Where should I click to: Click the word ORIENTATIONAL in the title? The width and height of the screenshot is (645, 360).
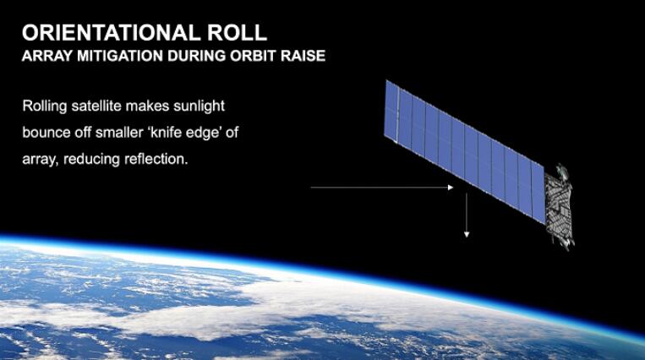click(x=111, y=33)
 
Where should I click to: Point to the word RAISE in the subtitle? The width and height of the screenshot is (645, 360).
click(x=303, y=56)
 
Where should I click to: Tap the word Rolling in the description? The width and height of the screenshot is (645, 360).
click(x=45, y=106)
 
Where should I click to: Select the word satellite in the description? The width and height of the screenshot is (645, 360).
click(x=96, y=106)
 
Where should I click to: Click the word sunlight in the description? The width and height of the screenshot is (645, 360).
click(x=200, y=106)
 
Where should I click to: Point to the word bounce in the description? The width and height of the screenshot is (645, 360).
click(x=46, y=133)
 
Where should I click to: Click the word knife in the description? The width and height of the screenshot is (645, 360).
click(x=160, y=133)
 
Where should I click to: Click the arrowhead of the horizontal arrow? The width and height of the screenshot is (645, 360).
click(x=451, y=188)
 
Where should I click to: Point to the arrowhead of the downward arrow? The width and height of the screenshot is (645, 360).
click(x=467, y=235)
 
